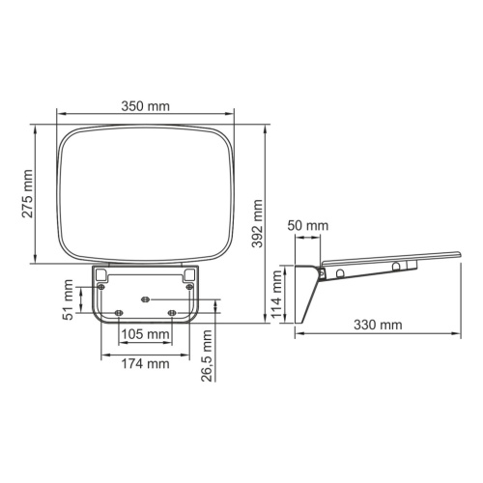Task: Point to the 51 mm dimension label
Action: click(69, 299)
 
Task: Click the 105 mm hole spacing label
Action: click(145, 335)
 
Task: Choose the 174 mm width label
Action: click(145, 364)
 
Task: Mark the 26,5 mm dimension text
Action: click(207, 356)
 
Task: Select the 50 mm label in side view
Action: click(309, 226)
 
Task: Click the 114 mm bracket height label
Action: click(279, 296)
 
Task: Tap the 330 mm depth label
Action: click(377, 326)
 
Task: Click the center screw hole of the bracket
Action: click(144, 298)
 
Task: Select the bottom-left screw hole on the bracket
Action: click(118, 312)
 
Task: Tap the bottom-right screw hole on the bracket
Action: click(171, 312)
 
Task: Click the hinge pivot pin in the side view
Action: click(340, 273)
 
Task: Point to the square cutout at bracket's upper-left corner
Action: click(101, 275)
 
